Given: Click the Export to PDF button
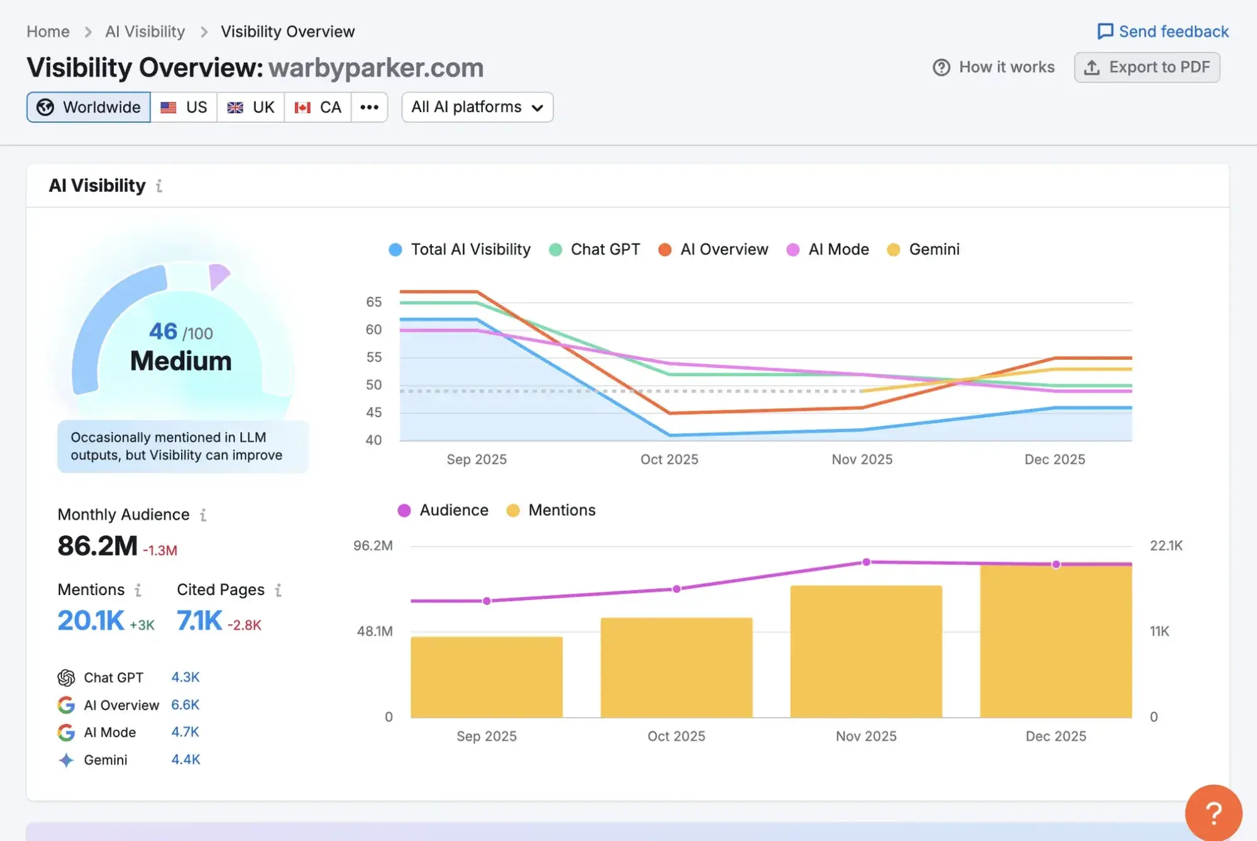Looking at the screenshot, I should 1147,67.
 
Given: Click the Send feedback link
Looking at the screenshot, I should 1163,31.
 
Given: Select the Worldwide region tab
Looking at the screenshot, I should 89,107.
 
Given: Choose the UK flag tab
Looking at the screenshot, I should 251,107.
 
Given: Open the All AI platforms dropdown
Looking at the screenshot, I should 477,107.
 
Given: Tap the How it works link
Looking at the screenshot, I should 994,67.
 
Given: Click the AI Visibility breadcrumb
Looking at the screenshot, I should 145,31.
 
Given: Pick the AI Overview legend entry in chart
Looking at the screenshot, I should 713,250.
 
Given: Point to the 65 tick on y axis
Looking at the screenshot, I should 374,302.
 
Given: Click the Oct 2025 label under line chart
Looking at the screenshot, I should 669,459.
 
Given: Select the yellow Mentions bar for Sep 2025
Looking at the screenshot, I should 487,677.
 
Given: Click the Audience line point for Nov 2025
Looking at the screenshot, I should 866,562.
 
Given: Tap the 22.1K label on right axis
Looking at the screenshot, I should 1166,545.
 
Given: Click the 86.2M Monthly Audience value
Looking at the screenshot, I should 97,545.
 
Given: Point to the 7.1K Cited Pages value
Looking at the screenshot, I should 199,621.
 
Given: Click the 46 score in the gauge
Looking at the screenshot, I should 163,331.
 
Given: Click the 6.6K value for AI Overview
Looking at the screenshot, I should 185,705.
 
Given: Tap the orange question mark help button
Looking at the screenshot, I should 1213,813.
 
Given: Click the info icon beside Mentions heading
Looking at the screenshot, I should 138,590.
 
